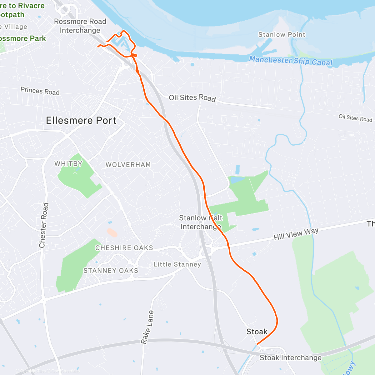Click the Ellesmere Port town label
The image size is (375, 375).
(x=81, y=121)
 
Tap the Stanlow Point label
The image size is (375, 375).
(x=282, y=35)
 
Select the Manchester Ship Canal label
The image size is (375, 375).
(x=291, y=61)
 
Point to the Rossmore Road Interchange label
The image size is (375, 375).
(x=80, y=26)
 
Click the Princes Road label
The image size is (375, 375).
(x=40, y=91)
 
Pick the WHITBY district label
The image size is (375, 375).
(x=68, y=164)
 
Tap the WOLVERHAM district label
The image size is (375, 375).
(x=128, y=165)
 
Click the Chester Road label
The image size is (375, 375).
(x=44, y=225)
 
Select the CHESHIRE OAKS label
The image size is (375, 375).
(x=124, y=248)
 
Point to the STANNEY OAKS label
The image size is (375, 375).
(x=111, y=271)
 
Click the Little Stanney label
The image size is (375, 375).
(x=177, y=264)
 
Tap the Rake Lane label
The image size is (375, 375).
(x=147, y=327)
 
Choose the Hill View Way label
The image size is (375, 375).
(x=296, y=234)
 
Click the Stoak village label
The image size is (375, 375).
(x=257, y=332)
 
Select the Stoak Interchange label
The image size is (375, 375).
(x=290, y=358)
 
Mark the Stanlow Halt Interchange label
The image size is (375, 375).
(x=201, y=222)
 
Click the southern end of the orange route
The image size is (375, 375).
(x=257, y=344)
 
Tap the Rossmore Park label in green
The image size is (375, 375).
(x=22, y=39)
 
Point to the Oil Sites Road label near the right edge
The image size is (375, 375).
(x=355, y=118)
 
